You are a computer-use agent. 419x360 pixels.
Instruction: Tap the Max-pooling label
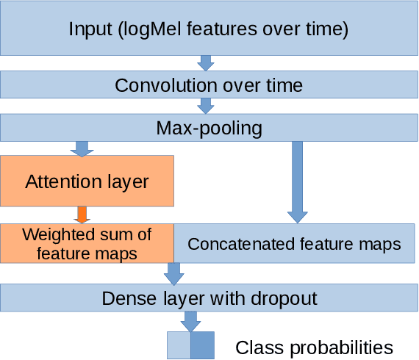pos(209,128)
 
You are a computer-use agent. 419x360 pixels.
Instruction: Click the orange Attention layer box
pos(87,181)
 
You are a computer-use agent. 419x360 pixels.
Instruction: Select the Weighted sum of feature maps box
pos(87,244)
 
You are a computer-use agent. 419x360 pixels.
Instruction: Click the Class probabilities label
pos(314,347)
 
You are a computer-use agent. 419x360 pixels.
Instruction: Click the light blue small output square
pos(179,345)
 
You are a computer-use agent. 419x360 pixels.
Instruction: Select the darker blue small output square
pos(203,345)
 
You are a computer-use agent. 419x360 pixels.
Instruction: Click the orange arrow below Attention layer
pos(82,215)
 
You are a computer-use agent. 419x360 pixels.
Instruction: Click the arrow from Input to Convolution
pos(207,62)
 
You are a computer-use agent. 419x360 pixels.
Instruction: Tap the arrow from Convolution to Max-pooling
pos(207,104)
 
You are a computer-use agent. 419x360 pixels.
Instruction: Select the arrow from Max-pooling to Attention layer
pos(82,148)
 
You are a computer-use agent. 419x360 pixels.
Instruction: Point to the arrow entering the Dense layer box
pos(174,274)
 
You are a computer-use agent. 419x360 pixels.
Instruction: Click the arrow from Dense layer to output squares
pos(190,321)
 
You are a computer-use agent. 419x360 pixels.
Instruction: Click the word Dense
pos(126,298)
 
